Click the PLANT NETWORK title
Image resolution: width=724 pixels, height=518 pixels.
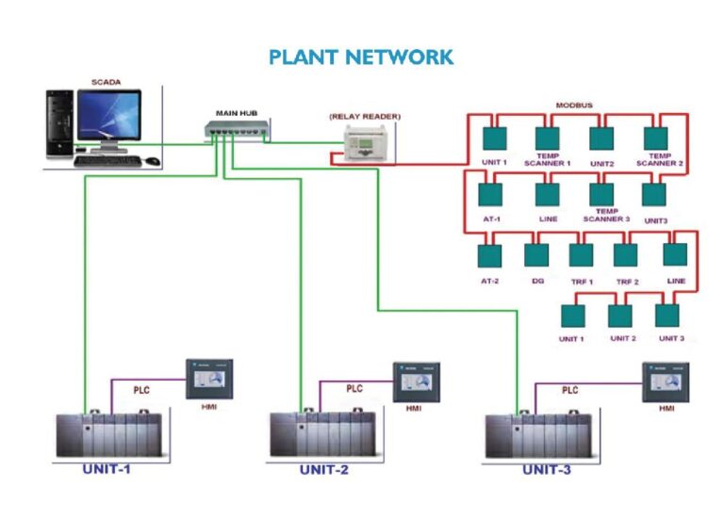[x=361, y=57]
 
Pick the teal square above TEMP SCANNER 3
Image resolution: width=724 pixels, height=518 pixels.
[x=603, y=193]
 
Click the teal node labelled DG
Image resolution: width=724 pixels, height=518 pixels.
[x=536, y=255]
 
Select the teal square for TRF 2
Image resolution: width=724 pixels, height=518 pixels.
[x=626, y=255]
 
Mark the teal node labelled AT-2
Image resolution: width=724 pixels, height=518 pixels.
[x=490, y=255]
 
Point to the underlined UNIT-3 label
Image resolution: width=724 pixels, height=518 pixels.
[x=547, y=469]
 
